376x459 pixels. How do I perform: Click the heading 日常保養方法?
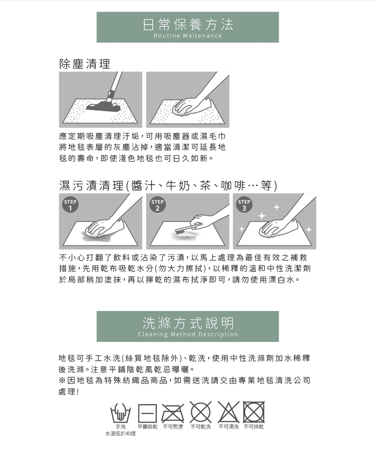pos(188,24)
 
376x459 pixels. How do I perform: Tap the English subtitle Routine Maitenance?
pos(188,36)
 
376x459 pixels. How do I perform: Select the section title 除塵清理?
pos(85,64)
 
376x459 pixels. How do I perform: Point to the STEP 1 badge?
pos(70,205)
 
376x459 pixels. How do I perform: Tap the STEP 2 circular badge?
pos(157,205)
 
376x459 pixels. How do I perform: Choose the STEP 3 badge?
pos(244,205)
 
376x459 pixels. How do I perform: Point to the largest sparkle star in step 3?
pos(262,216)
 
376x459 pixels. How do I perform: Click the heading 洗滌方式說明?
pos(188,323)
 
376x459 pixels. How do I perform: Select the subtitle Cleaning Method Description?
pos(188,334)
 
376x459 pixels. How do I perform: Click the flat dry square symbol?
pos(147,413)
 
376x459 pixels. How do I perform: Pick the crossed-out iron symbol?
pos(173,413)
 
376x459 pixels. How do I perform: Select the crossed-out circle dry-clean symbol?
pos(201,412)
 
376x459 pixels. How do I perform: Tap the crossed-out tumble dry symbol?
pos(254,412)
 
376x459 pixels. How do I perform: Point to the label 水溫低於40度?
pos(121,434)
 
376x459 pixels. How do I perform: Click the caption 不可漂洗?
pos(229,427)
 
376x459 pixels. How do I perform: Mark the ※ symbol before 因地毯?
pos(62,381)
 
